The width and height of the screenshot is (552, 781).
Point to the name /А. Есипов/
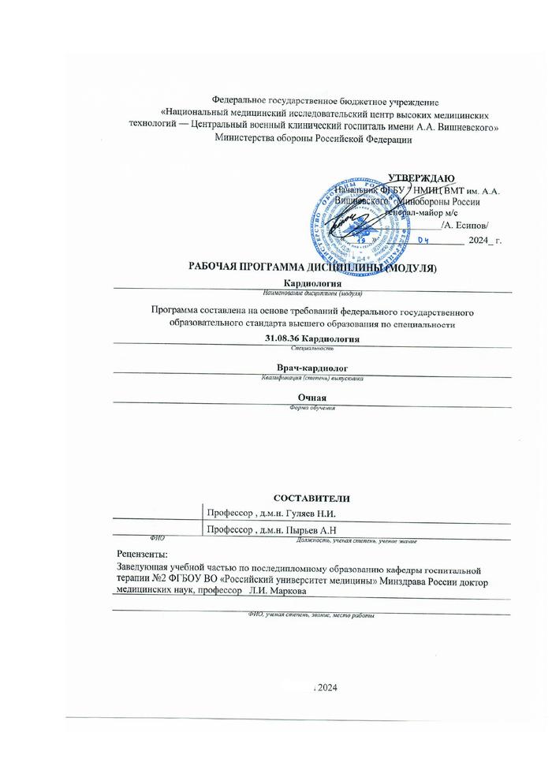click(x=471, y=225)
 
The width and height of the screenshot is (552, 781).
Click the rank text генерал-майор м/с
click(x=421, y=213)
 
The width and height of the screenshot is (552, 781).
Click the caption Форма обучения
click(x=312, y=407)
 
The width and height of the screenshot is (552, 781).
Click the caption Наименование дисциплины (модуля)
click(x=312, y=292)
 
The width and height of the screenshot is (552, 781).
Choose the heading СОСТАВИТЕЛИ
click(x=311, y=498)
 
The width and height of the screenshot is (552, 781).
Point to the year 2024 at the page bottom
click(x=328, y=689)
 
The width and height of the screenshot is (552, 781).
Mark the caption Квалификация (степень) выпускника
click(x=312, y=379)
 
